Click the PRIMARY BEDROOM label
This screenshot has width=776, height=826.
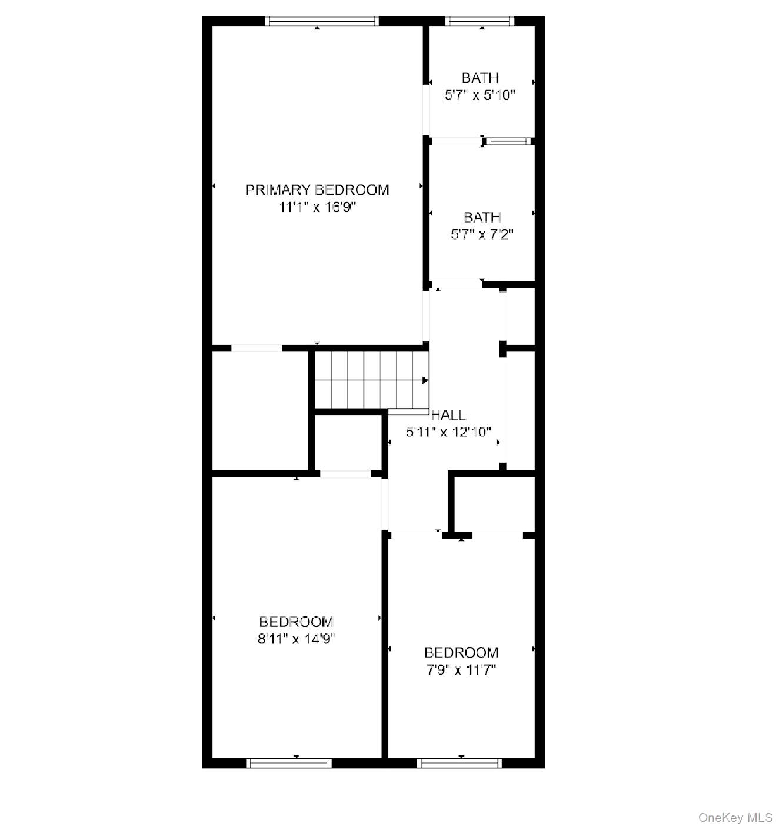point(317,190)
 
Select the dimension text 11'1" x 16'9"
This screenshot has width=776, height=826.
point(318,207)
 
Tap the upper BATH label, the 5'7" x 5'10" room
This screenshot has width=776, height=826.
point(480,78)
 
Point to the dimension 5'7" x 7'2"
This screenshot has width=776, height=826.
point(482,234)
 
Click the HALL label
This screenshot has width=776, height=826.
point(448,415)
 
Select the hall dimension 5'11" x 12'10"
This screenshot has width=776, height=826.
point(448,432)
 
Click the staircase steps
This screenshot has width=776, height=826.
point(368,380)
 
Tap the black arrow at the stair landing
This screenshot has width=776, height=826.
point(425,381)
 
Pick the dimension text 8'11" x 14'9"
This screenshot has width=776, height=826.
point(296,639)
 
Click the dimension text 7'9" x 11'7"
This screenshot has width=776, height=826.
point(461,669)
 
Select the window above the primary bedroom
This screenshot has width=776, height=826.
point(321,22)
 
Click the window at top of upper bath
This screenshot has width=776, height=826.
point(479,22)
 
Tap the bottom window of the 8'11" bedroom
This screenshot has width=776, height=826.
point(288,763)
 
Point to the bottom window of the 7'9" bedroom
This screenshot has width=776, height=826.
point(459,763)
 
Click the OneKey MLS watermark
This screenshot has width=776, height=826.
point(735,817)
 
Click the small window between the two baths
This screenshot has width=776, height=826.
point(508,141)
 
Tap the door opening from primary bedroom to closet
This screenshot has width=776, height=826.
point(256,349)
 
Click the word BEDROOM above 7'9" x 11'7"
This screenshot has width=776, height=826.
point(461,652)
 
